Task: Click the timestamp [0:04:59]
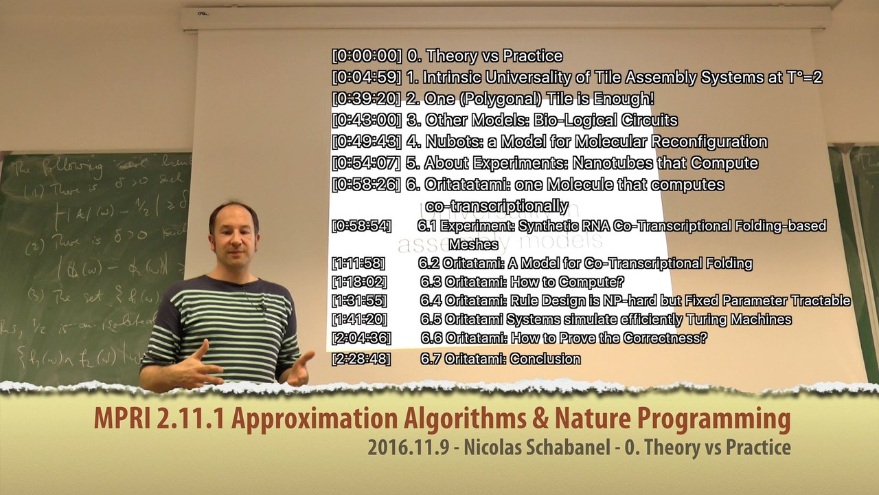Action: tap(367, 78)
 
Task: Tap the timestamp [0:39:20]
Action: tap(367, 99)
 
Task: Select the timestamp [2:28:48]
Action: tap(361, 359)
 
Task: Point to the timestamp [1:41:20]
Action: tap(359, 320)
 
